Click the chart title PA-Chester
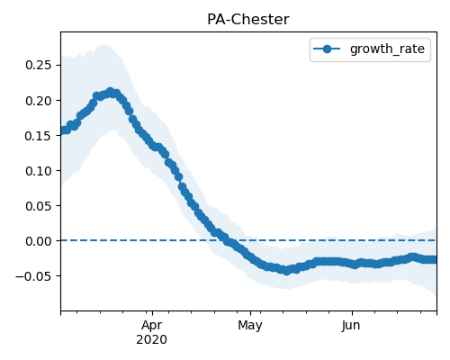tap(248, 20)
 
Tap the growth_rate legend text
tap(387, 49)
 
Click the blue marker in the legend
tap(327, 49)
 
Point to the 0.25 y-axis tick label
tap(39, 65)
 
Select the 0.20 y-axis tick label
tap(39, 101)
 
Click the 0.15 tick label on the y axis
tap(39, 136)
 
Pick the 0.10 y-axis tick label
tap(39, 171)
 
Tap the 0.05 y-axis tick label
tap(39, 206)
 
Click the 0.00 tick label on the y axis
tap(39, 241)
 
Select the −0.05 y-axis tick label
tap(33, 276)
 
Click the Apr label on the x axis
tap(152, 325)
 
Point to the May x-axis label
tap(250, 326)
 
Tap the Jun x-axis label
tap(351, 326)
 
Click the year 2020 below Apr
tap(152, 340)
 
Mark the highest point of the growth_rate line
tap(111, 92)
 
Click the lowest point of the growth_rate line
tap(287, 271)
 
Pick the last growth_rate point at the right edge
tap(435, 259)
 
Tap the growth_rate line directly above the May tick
tap(251, 256)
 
